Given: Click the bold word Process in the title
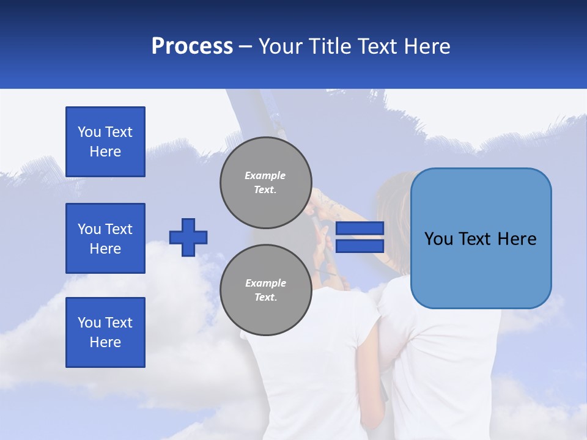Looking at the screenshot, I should [192, 46].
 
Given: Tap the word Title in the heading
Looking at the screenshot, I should [330, 46].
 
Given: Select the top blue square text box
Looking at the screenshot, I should [105, 142].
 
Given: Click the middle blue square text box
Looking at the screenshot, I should [105, 238].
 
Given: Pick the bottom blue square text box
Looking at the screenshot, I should [105, 332].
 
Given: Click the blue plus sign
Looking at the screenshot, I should [188, 237].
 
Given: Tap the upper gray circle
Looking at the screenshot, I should [265, 182].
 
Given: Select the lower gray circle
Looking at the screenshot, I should [265, 290].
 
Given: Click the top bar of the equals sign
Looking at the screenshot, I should [360, 229].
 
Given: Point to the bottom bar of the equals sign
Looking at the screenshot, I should [360, 246].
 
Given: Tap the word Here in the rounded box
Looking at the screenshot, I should [517, 239].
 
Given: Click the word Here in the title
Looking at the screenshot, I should [427, 46].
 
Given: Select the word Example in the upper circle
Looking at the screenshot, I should [265, 175].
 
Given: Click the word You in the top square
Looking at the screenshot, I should [89, 132].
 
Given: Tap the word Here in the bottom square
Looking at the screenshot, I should [105, 342].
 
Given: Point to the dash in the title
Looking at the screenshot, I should [245, 46].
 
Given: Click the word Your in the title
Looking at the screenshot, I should [279, 46].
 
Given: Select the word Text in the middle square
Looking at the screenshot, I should [118, 229].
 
